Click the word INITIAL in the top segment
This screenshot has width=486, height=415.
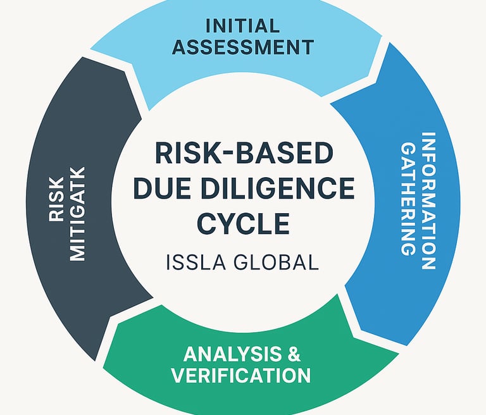point(242,27)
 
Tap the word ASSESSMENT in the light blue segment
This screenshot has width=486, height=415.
point(243,47)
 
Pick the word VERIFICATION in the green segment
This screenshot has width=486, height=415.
point(241,376)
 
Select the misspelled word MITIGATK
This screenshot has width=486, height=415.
point(77,213)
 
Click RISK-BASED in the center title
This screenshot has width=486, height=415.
point(243,154)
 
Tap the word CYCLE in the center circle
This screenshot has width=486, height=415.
point(242,223)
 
